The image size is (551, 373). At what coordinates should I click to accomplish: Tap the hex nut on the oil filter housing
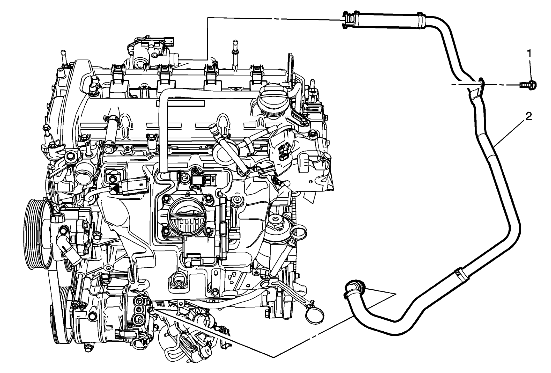276,220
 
